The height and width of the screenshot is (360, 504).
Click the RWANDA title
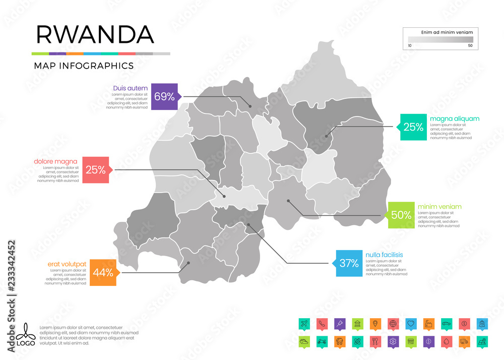(95, 34)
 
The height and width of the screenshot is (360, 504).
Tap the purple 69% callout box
(164, 96)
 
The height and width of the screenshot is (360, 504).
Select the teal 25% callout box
(413, 127)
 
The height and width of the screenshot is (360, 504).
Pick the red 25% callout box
(95, 170)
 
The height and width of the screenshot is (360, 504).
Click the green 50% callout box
(401, 215)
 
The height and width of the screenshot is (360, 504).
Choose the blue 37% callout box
(349, 263)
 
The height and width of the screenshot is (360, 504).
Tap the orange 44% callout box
(102, 273)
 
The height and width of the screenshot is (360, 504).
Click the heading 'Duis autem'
(130, 88)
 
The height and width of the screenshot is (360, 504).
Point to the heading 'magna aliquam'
(455, 118)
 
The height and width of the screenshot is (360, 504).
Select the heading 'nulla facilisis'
(385, 255)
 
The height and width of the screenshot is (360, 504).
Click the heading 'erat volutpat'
(67, 264)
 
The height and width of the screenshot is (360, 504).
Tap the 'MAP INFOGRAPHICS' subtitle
(84, 66)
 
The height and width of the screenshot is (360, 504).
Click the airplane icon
(303, 323)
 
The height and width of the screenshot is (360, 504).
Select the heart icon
(411, 323)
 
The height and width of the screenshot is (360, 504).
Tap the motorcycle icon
(321, 341)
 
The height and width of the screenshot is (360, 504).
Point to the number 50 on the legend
(470, 45)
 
